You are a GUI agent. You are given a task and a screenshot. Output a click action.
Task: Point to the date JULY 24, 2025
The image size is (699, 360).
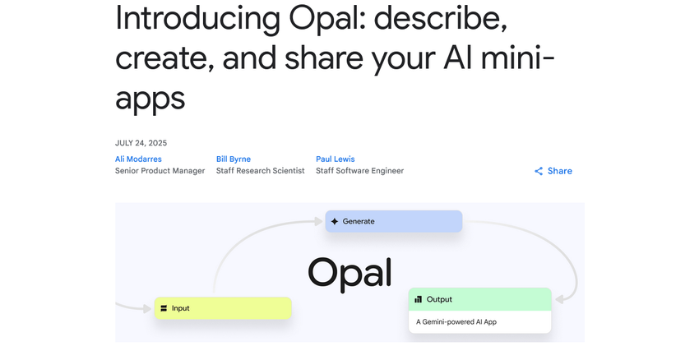(x=141, y=143)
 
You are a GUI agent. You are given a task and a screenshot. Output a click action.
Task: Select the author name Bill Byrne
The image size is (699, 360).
(x=234, y=159)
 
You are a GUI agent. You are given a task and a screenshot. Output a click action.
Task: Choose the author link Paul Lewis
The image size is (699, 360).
(x=336, y=159)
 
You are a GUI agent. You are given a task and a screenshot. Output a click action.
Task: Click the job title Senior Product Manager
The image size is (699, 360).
(x=160, y=171)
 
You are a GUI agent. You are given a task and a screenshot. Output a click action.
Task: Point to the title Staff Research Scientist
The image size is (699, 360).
(x=260, y=171)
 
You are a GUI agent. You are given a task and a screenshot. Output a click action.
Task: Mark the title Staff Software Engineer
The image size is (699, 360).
(x=359, y=171)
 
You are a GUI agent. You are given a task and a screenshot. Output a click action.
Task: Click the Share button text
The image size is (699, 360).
(x=560, y=171)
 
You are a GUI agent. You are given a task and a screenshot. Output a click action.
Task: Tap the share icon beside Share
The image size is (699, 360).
(x=539, y=171)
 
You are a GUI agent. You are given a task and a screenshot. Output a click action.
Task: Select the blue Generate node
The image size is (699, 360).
(x=393, y=221)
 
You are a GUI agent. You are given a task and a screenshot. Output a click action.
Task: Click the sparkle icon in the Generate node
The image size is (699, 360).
(x=335, y=221)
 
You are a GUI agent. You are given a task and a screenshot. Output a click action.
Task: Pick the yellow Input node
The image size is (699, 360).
(x=222, y=308)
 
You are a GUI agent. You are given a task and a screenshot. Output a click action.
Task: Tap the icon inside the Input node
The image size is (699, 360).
(x=164, y=308)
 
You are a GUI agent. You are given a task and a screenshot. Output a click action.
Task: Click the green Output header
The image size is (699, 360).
(x=479, y=299)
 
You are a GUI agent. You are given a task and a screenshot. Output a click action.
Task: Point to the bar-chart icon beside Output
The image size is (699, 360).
(x=419, y=299)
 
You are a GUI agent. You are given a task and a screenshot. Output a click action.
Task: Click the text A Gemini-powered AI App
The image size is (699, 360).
(x=456, y=321)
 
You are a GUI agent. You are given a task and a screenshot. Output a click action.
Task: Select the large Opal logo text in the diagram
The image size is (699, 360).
(x=349, y=272)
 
